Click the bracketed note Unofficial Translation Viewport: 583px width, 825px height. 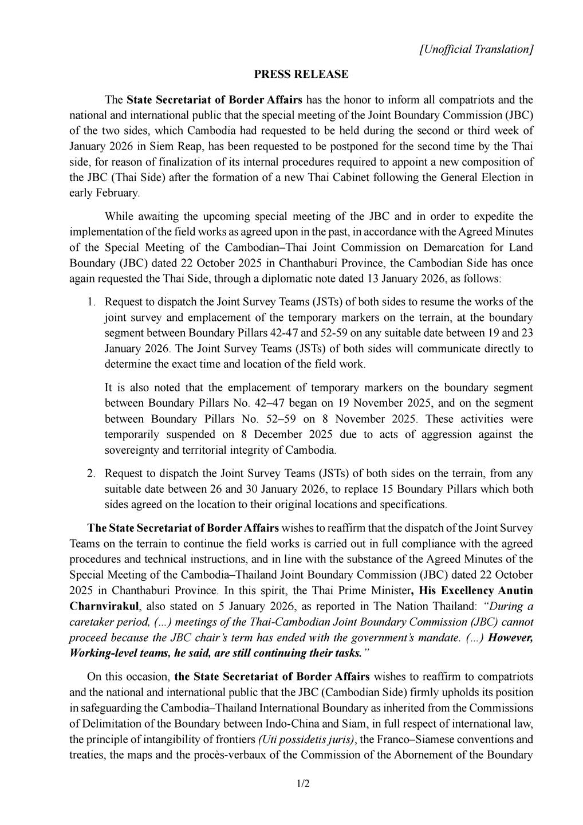476,49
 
